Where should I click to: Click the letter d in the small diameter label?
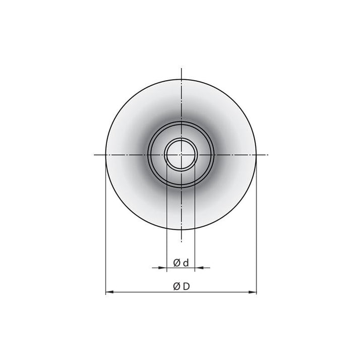pyautogui.click(x=186, y=262)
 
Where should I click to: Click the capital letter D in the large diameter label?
pyautogui.click(x=186, y=286)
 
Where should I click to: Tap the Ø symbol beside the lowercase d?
pyautogui.click(x=177, y=262)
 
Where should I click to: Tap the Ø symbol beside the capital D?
pyautogui.click(x=176, y=286)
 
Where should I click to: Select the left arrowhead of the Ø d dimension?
pyautogui.click(x=163, y=268)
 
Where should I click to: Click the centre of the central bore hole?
pyautogui.click(x=181, y=154)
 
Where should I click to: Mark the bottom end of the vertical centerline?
pyautogui.click(x=181, y=241)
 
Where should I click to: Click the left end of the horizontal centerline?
pyautogui.click(x=94, y=154)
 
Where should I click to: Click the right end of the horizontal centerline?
pyautogui.click(x=268, y=154)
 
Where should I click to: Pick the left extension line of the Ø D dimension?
pyautogui.click(x=105, y=227)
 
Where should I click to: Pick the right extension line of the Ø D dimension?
pyautogui.click(x=257, y=227)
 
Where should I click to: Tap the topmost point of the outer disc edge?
pyautogui.click(x=181, y=79)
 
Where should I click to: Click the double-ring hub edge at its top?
pyautogui.click(x=181, y=121)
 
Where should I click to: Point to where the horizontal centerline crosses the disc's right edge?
pyautogui.click(x=257, y=154)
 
